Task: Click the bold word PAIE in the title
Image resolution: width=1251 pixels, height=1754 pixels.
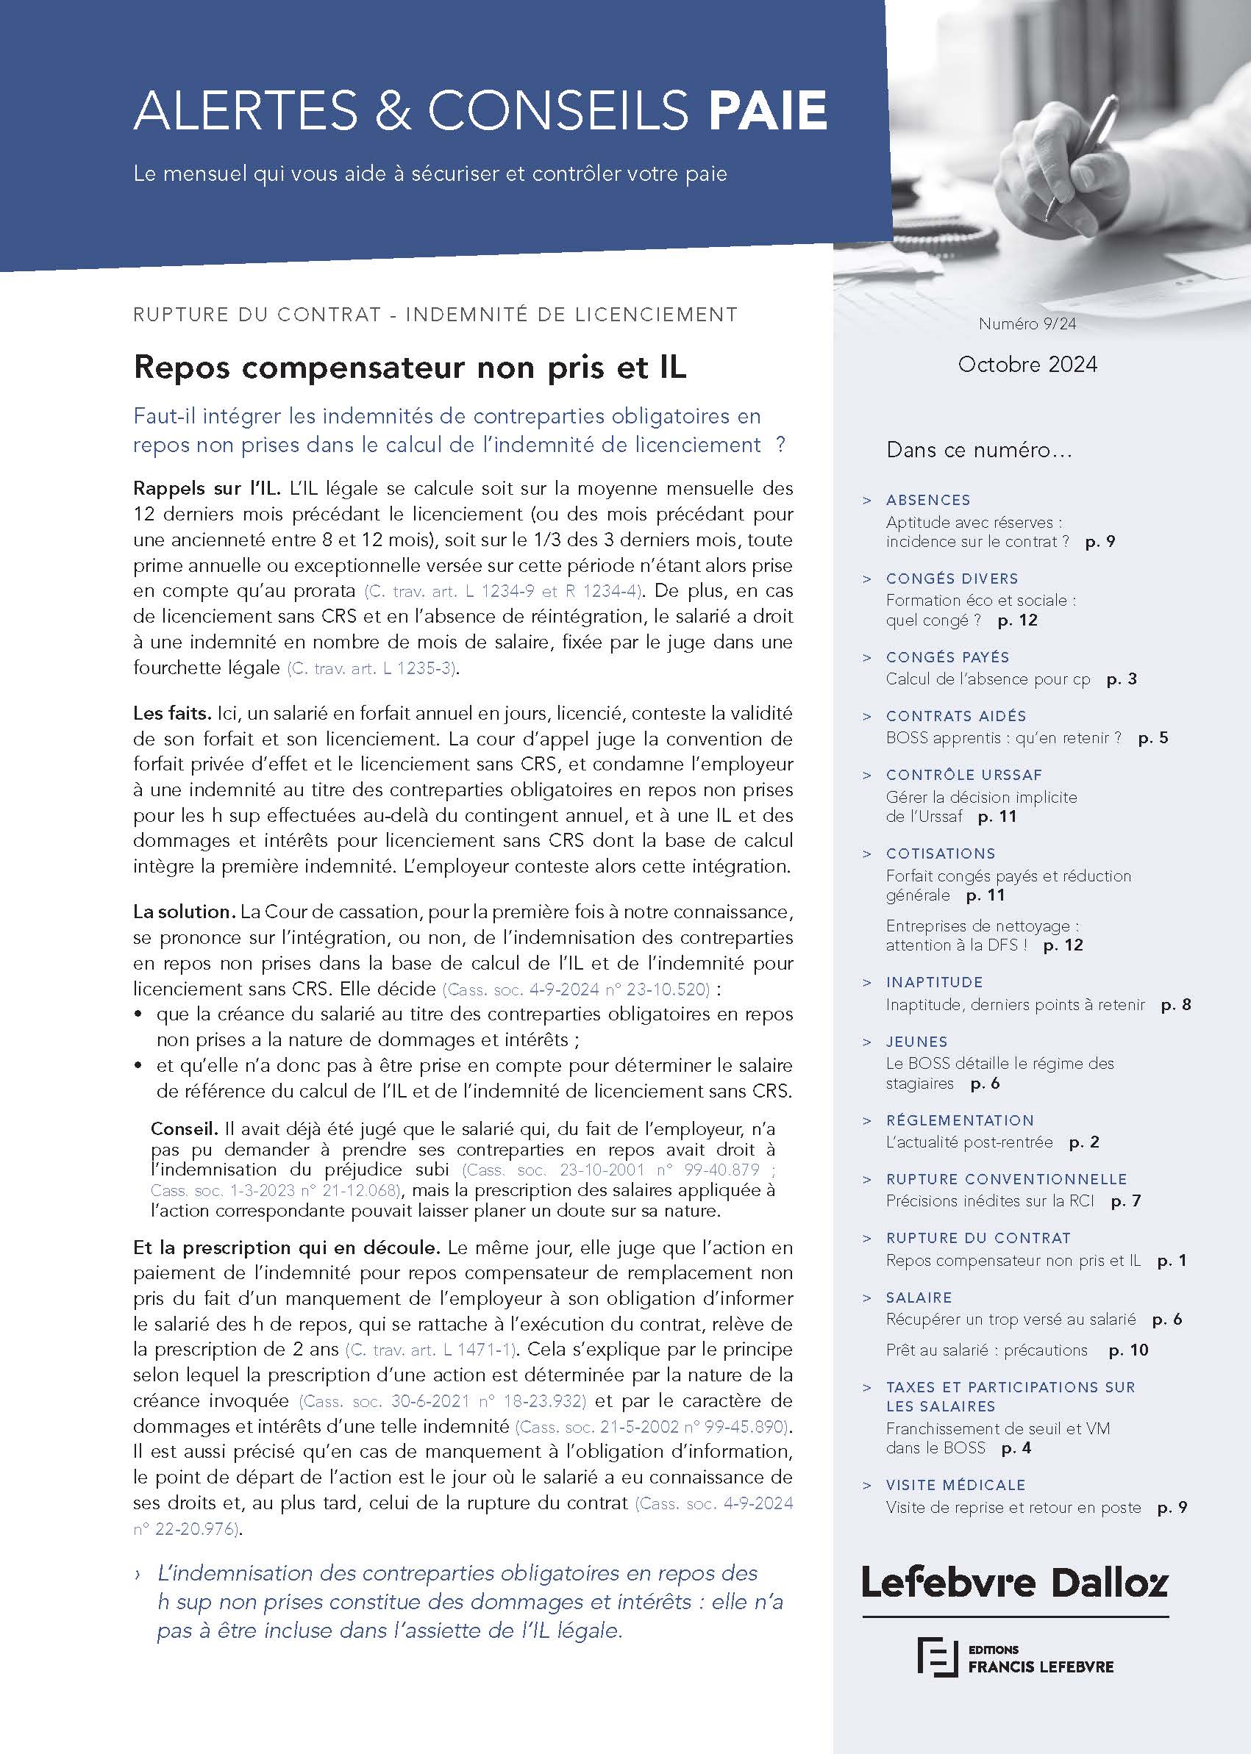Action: pyautogui.click(x=767, y=112)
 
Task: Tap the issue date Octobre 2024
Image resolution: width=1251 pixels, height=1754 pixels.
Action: pyautogui.click(x=1027, y=364)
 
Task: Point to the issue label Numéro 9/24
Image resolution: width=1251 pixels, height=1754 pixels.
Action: pyautogui.click(x=1027, y=324)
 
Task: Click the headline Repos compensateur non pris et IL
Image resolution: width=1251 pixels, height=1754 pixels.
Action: pyautogui.click(x=409, y=368)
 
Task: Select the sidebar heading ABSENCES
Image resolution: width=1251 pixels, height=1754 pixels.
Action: pyautogui.click(x=927, y=501)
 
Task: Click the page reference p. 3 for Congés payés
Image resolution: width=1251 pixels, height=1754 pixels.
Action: pyautogui.click(x=1122, y=679)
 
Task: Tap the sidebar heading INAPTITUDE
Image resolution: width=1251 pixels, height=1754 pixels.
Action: pyautogui.click(x=935, y=982)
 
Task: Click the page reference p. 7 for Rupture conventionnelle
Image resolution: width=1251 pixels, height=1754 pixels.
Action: pyautogui.click(x=1125, y=1201)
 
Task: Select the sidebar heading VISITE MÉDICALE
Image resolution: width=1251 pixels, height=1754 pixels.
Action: pyautogui.click(x=955, y=1485)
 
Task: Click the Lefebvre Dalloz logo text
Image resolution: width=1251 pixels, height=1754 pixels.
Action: pyautogui.click(x=1014, y=1583)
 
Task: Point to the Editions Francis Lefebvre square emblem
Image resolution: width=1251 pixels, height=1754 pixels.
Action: pyautogui.click(x=936, y=1656)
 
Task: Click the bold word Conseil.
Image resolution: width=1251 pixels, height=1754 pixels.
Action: pyautogui.click(x=184, y=1130)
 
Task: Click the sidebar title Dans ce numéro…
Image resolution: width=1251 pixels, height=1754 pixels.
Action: pyautogui.click(x=978, y=451)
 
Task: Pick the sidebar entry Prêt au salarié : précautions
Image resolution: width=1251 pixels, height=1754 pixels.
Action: pyautogui.click(x=986, y=1350)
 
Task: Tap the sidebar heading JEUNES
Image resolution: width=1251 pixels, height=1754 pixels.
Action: pyautogui.click(x=916, y=1042)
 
